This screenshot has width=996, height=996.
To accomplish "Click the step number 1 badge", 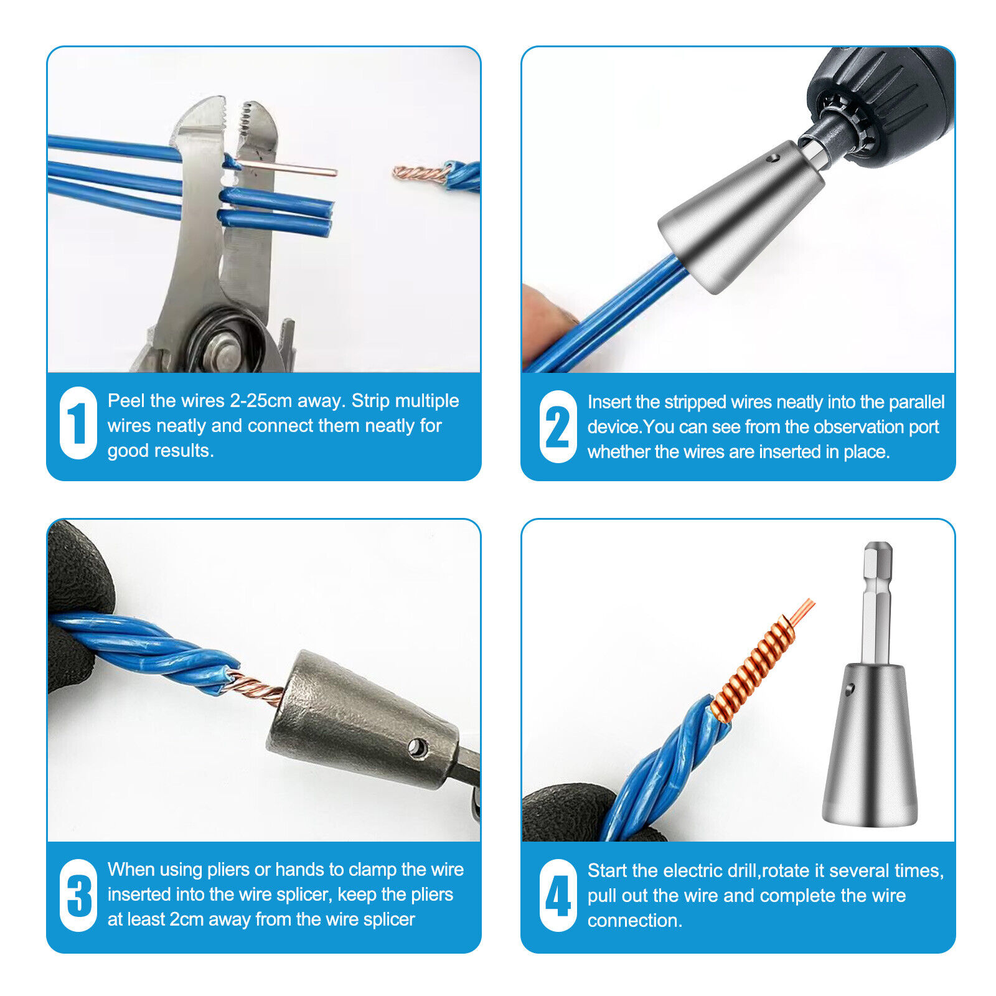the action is tap(78, 423).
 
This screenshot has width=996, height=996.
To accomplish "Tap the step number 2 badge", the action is tap(558, 426).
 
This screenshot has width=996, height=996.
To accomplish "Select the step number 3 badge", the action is tap(78, 895).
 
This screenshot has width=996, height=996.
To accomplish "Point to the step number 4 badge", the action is tap(558, 895).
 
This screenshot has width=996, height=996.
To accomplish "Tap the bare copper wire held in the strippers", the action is tap(286, 167).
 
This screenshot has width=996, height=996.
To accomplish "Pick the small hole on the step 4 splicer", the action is tap(850, 688).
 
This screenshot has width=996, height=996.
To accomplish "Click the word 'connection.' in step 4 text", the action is tap(635, 921).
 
